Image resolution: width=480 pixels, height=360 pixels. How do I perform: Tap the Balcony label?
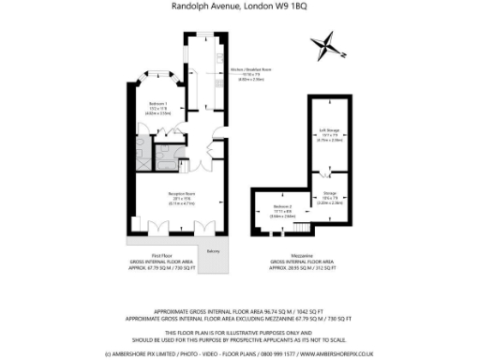[213, 251]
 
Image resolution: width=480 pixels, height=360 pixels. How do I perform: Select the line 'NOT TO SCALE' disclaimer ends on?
[239, 338]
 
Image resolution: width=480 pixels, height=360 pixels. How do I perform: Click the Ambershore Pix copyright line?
[239, 354]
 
